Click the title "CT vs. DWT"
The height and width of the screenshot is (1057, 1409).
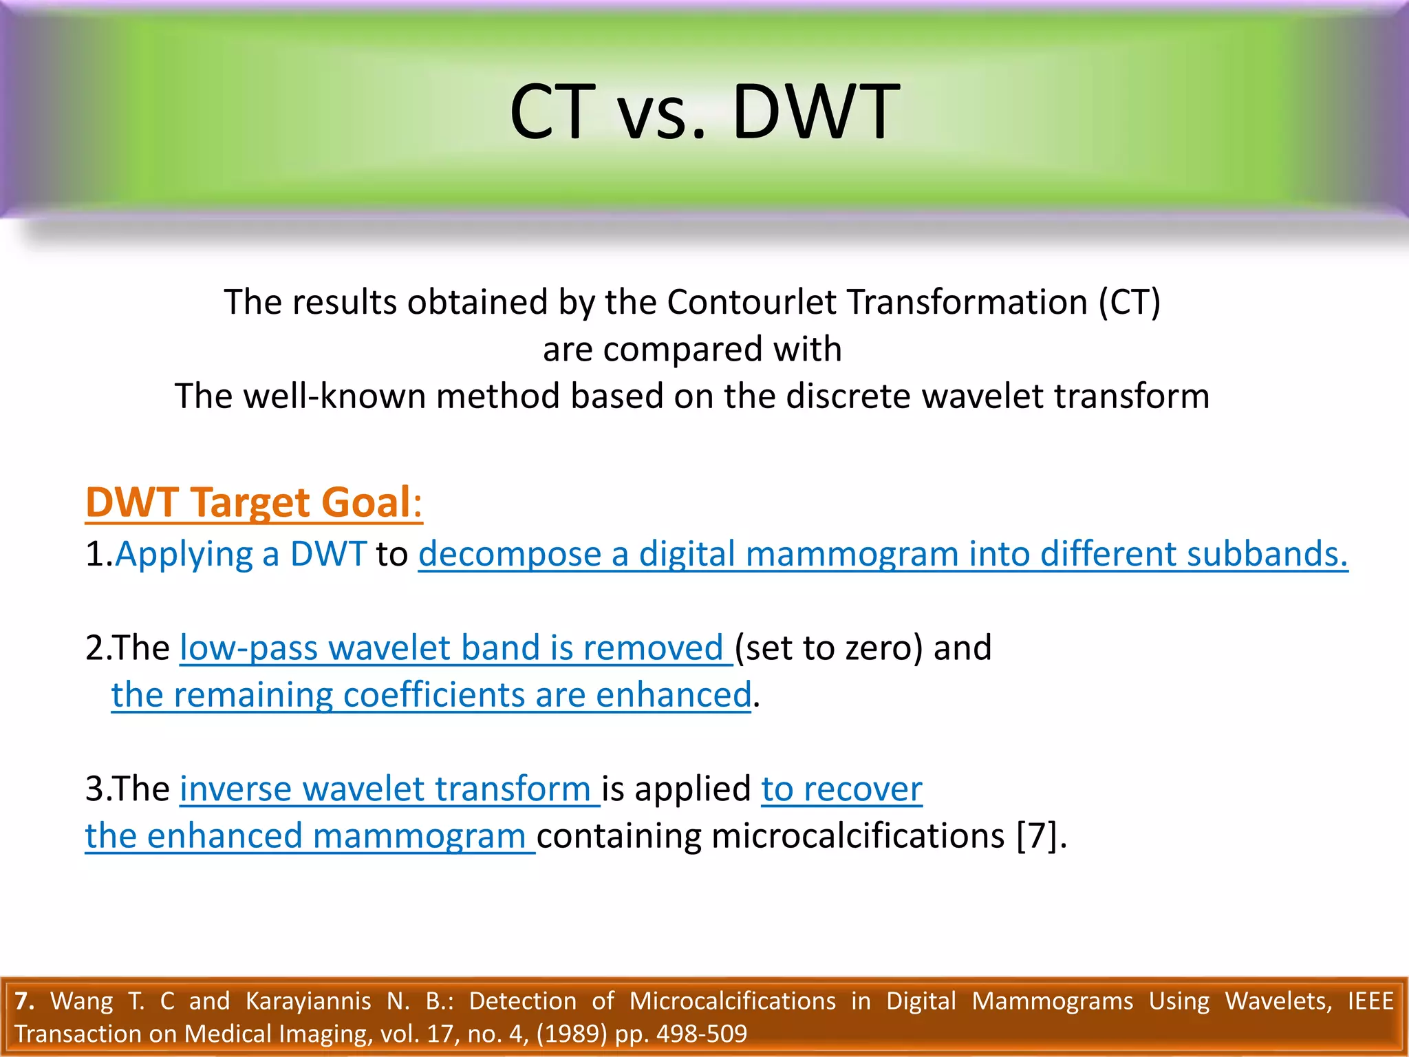[704, 112]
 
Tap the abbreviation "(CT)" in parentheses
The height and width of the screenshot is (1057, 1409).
[1129, 302]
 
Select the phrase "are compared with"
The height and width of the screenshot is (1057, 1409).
[692, 349]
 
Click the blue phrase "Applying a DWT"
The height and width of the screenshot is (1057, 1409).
[241, 554]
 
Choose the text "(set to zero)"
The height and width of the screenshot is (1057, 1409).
[828, 648]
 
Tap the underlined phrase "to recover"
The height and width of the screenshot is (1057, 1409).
[841, 789]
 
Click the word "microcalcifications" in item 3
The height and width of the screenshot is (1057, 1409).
[857, 836]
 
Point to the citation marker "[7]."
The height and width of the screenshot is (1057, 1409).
[1041, 836]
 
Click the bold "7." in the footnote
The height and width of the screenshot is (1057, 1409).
[24, 1001]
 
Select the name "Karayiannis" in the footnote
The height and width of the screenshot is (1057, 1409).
[308, 1001]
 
